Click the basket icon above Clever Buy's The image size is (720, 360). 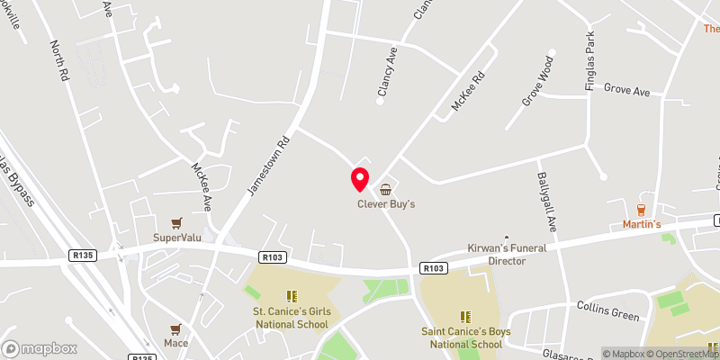(x=386, y=189)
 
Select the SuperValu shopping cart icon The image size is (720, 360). (x=176, y=222)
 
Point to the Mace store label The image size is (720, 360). (x=175, y=343)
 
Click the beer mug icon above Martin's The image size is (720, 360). (x=643, y=209)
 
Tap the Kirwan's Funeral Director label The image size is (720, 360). (x=506, y=253)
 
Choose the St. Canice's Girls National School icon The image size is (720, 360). (x=291, y=295)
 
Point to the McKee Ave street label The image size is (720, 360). (x=202, y=185)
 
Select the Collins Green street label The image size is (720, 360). (x=607, y=311)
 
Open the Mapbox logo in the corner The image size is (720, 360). (x=40, y=347)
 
